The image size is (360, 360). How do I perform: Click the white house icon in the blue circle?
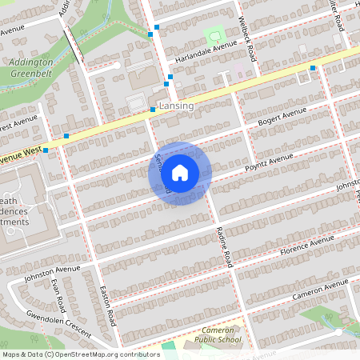tap(180, 172)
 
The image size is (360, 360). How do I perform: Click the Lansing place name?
tap(177, 106)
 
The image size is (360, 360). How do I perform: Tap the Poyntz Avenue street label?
tap(270, 162)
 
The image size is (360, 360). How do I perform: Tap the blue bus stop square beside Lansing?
tap(152, 109)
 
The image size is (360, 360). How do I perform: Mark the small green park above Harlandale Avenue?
tap(214, 34)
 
